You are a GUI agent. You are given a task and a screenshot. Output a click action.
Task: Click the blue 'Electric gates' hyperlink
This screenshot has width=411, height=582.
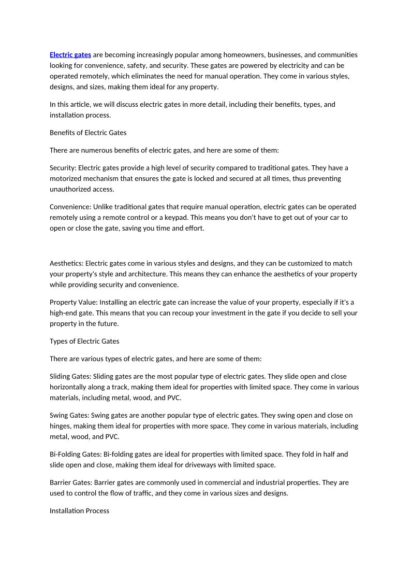pyautogui.click(x=70, y=54)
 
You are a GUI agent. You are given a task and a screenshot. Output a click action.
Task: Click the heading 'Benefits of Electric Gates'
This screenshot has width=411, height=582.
pyautogui.click(x=88, y=133)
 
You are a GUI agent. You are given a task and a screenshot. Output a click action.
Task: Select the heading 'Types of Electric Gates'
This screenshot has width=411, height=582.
pyautogui.click(x=84, y=341)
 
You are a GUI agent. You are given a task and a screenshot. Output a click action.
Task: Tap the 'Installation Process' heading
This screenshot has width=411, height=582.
pyautogui.click(x=79, y=510)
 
